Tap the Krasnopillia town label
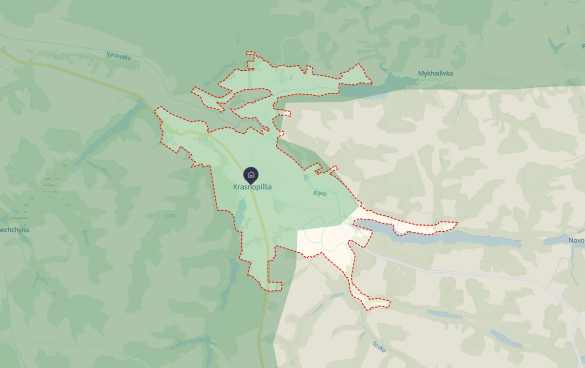pyautogui.click(x=252, y=187)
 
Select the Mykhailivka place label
pyautogui.click(x=435, y=73)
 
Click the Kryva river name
pyautogui.click(x=319, y=193)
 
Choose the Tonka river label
pyautogui.click(x=379, y=347)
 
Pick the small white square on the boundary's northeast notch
pyautogui.click(x=285, y=114)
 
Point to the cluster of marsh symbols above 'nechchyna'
pyautogui.click(x=51, y=183)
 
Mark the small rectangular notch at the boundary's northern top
pyautogui.click(x=251, y=53)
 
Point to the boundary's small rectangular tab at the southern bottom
pyautogui.click(x=274, y=286)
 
